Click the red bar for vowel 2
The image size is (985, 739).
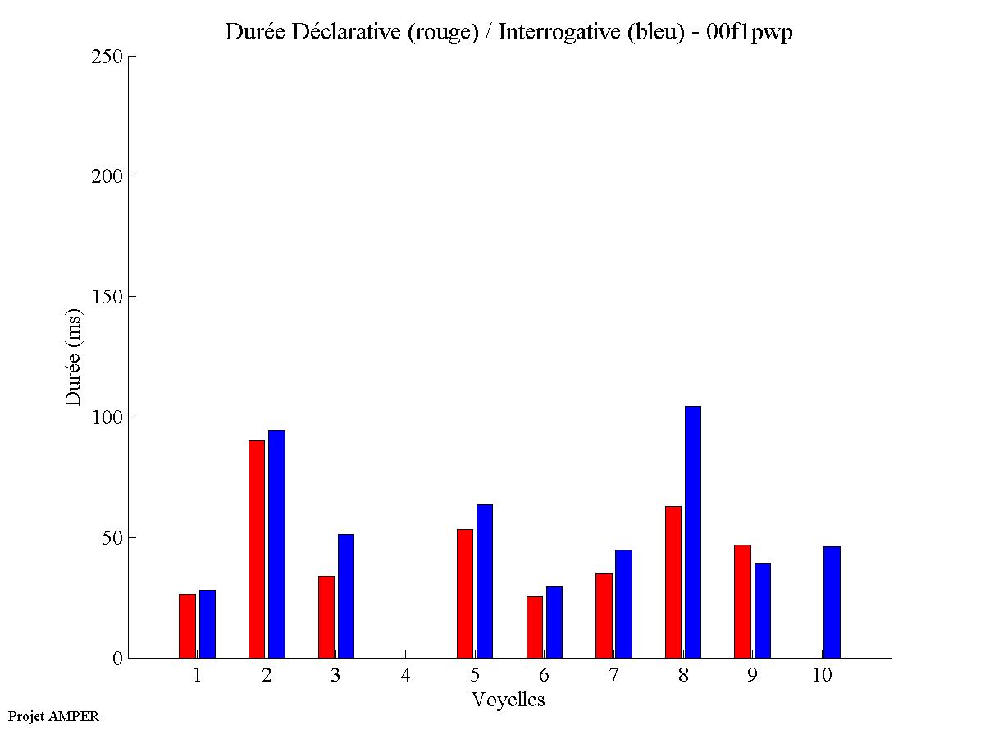tap(257, 549)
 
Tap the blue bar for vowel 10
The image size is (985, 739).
tap(832, 602)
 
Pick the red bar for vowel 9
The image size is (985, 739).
tap(742, 601)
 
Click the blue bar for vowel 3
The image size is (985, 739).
tap(346, 595)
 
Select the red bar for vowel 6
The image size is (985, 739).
tap(535, 627)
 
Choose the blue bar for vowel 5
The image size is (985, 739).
tap(485, 581)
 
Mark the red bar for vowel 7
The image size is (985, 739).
tap(604, 615)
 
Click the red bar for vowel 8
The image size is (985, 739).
tap(673, 582)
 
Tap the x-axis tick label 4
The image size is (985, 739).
tap(405, 676)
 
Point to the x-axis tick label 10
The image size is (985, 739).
tap(822, 676)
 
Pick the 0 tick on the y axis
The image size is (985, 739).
tap(117, 659)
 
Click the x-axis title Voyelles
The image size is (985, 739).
tap(508, 700)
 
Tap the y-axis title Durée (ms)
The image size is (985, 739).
tap(74, 357)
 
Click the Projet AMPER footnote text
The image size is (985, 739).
tap(53, 716)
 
